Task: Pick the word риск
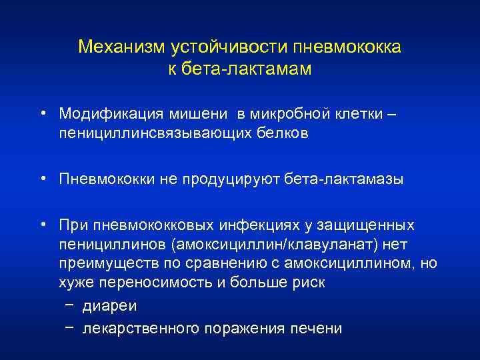click(x=309, y=281)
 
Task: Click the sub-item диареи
click(x=105, y=307)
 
